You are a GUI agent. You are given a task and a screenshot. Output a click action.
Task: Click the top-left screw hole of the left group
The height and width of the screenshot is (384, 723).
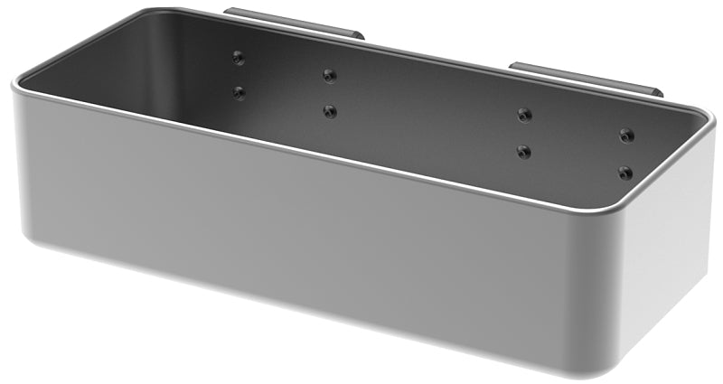click(x=238, y=58)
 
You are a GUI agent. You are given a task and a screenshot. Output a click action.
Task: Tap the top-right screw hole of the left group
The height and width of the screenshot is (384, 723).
click(x=329, y=75)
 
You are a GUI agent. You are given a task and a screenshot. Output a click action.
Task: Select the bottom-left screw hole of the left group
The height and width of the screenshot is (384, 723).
click(x=239, y=92)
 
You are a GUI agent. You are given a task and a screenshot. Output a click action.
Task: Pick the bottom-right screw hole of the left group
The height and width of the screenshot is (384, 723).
click(x=330, y=111)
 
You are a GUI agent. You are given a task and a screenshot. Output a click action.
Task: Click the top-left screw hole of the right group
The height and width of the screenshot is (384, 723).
click(x=524, y=115)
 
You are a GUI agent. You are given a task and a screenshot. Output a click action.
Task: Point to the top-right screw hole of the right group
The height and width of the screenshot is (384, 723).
click(x=625, y=136)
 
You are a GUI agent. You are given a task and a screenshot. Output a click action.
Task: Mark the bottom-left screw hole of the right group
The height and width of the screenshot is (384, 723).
click(x=524, y=151)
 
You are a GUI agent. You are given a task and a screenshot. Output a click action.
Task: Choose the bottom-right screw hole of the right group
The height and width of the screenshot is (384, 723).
click(x=624, y=172)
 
